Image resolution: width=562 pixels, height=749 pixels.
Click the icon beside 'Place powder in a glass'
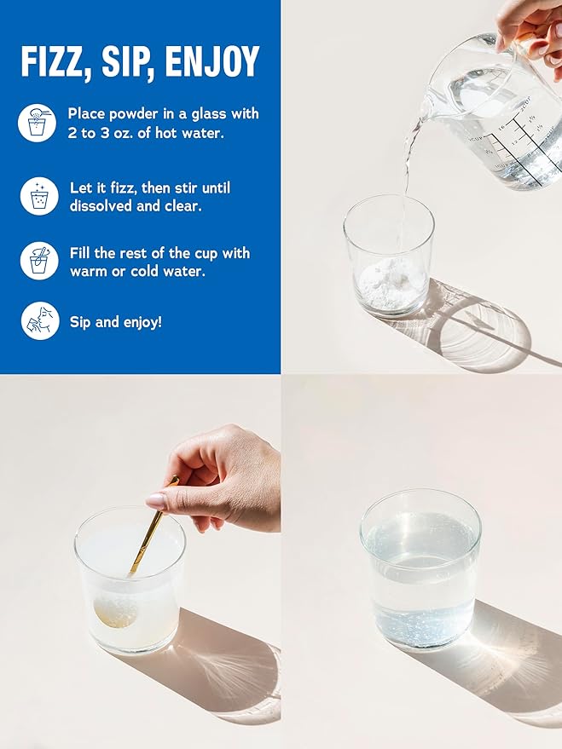click(37, 123)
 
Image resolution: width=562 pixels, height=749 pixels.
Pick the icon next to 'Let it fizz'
click(39, 196)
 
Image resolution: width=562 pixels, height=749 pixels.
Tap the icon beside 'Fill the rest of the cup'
click(39, 261)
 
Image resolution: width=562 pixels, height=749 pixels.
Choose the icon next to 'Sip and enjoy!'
click(40, 320)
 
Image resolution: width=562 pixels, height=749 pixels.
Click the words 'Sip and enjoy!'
click(116, 322)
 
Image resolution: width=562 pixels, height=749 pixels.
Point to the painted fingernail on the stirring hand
click(156, 501)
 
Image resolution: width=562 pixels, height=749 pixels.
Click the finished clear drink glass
click(420, 568)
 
